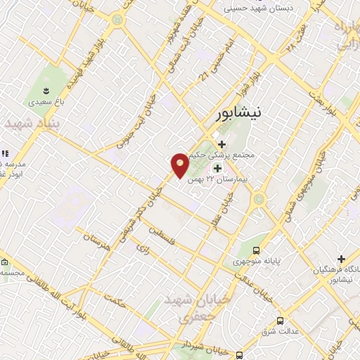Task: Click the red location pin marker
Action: (x=180, y=165)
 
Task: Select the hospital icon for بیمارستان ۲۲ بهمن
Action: (x=217, y=167)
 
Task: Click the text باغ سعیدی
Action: (x=45, y=102)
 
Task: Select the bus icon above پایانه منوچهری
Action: (x=256, y=250)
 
